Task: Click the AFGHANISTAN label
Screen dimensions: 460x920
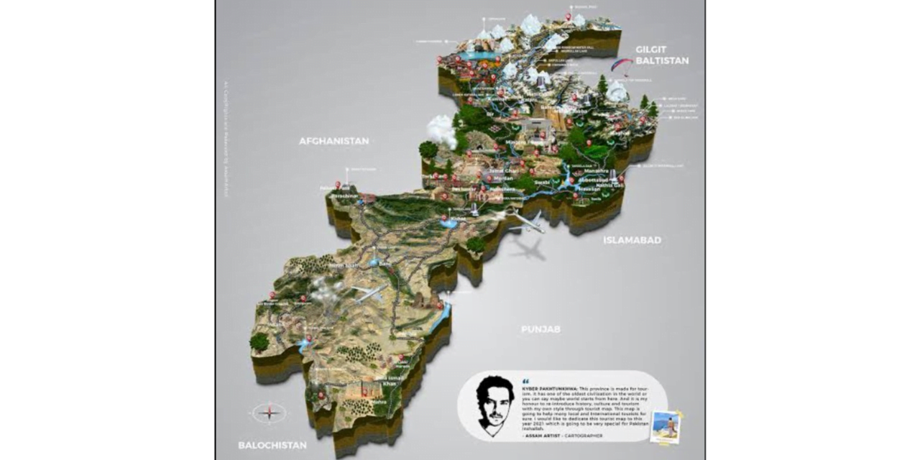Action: coord(333,141)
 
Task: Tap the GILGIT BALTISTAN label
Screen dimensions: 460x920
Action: coord(661,55)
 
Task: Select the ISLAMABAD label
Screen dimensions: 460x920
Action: coord(632,240)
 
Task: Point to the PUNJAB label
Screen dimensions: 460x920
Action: coord(540,328)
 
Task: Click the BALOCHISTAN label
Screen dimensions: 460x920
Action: coord(272,445)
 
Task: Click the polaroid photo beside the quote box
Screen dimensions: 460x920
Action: coord(665,427)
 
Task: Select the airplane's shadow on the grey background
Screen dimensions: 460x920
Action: coord(529,249)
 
